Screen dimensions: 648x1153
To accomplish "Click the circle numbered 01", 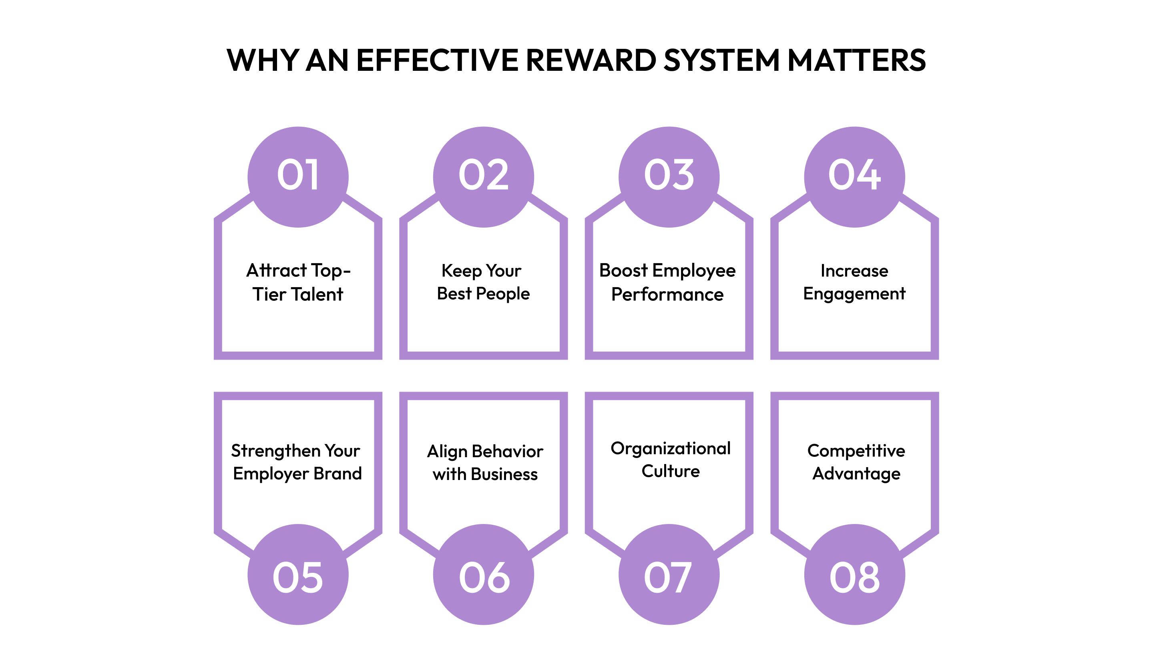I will [298, 177].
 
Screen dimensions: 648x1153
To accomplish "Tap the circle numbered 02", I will [483, 177].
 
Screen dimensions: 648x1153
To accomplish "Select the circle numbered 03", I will [669, 177].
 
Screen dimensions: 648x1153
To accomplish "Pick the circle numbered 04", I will [854, 177].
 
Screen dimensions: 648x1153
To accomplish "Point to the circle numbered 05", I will [298, 575].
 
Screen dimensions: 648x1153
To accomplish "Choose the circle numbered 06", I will [483, 575].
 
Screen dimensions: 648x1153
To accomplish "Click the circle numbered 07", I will [669, 575].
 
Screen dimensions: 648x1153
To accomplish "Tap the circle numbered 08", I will [854, 575].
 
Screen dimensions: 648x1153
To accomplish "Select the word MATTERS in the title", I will [856, 60].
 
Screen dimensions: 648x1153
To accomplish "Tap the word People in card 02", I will [503, 294].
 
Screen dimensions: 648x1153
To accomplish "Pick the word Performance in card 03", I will [667, 294].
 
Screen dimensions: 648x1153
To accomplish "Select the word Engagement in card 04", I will [854, 294].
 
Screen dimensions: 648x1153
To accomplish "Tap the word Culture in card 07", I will [671, 471].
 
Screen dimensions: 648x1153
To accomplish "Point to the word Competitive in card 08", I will [856, 451].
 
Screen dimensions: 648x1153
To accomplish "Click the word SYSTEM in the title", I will [721, 60].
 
